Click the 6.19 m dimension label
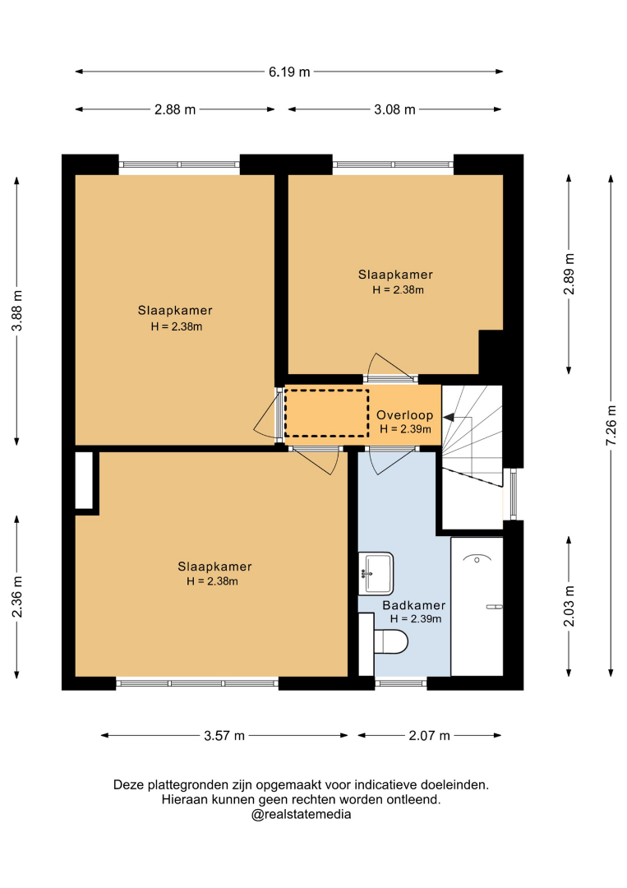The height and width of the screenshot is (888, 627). click(289, 72)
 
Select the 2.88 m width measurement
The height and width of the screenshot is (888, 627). click(175, 109)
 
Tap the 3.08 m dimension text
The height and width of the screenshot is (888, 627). click(394, 109)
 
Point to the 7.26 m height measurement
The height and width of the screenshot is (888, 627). click(611, 425)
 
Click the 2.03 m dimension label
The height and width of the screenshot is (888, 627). click(569, 606)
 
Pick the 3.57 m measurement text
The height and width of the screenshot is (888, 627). click(224, 736)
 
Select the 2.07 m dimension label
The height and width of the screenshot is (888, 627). click(429, 736)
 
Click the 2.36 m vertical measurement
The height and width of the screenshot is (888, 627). click(17, 596)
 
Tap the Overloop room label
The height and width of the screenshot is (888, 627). click(404, 415)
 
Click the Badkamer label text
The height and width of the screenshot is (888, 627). click(413, 605)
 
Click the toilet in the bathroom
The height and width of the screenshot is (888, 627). click(391, 641)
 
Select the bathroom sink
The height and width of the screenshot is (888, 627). click(376, 574)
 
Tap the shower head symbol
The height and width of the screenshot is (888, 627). click(477, 558)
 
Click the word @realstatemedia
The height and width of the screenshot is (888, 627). click(301, 814)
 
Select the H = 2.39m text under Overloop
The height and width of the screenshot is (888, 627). click(405, 429)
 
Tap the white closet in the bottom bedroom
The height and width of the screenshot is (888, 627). click(84, 480)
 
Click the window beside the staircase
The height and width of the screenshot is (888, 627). click(514, 494)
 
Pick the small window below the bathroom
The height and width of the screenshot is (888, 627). click(401, 683)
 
